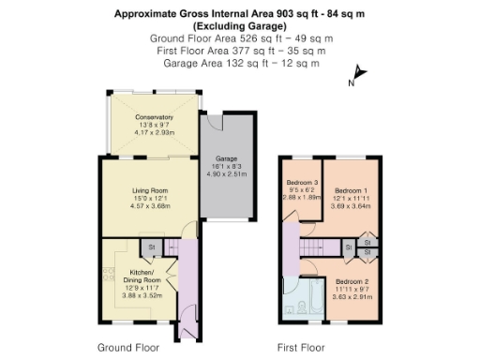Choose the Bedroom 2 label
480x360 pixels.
pos(352,282)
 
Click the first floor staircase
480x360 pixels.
pos(311,247)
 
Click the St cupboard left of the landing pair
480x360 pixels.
pos(348,247)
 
